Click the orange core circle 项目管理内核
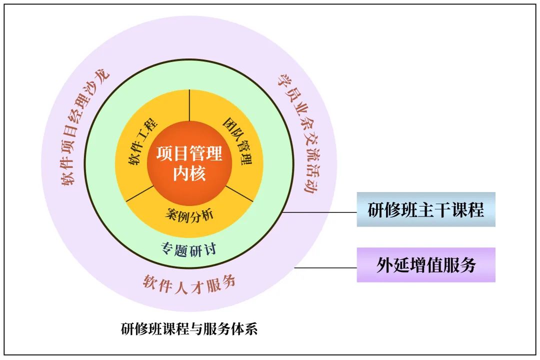point(189,162)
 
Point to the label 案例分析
point(189,214)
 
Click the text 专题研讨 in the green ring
point(189,248)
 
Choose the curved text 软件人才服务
point(189,283)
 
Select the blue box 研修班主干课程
point(426,209)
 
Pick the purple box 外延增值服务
point(426,265)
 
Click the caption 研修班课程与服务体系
point(189,329)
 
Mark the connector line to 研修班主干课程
point(320,212)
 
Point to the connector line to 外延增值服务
point(325,268)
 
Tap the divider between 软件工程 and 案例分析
point(139,195)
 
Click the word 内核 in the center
point(189,173)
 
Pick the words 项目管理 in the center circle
point(189,153)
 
